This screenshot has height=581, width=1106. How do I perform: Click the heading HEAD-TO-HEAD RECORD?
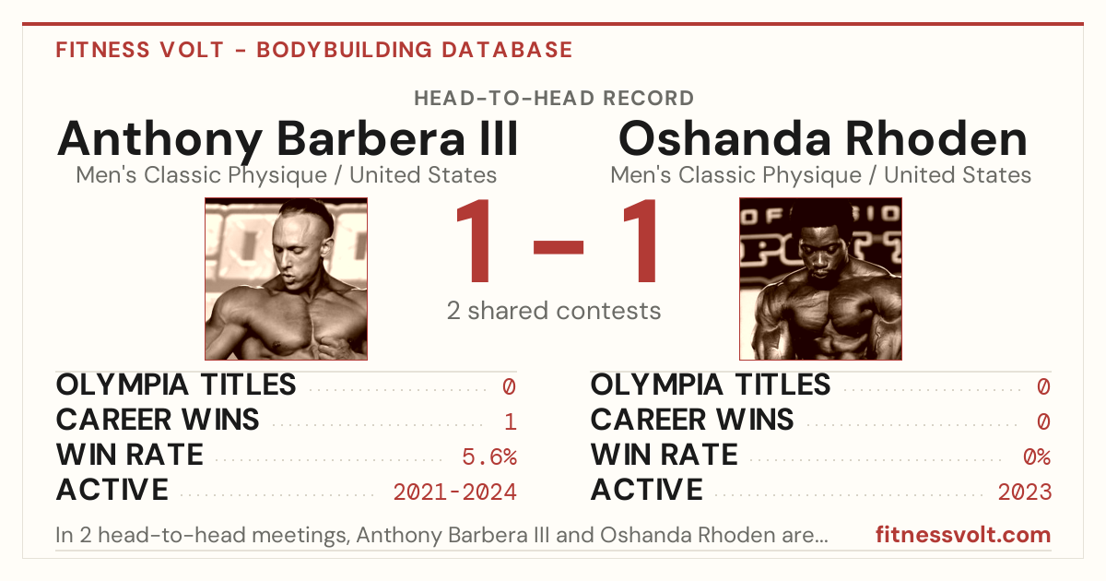[554, 99]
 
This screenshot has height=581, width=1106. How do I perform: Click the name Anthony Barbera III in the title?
[288, 139]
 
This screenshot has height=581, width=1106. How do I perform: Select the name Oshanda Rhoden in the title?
[822, 139]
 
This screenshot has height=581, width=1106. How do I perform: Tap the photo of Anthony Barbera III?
[286, 279]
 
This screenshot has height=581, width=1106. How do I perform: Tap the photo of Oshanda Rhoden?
[820, 279]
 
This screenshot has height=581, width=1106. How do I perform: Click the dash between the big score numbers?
[558, 246]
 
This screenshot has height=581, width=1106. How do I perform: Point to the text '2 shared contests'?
[554, 311]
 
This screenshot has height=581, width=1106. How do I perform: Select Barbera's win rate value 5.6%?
[489, 456]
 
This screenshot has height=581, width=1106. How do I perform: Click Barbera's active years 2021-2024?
[454, 492]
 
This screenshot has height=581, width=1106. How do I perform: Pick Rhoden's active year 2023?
[1025, 492]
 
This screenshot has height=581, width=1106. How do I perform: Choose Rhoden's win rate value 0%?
[1037, 456]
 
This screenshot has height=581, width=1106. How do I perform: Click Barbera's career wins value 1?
[511, 421]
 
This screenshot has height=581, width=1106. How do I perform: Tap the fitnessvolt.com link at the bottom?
[963, 535]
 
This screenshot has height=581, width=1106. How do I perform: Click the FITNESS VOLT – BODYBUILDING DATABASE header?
[314, 50]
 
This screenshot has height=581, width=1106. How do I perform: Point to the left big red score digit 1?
[474, 240]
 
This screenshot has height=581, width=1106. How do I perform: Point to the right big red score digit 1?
[640, 240]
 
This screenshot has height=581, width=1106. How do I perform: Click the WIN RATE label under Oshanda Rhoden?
[665, 455]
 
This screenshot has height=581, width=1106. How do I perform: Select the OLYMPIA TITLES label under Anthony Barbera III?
[176, 385]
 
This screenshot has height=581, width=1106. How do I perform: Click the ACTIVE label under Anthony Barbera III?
[112, 490]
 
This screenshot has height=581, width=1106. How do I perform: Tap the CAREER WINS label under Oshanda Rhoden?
[692, 420]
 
